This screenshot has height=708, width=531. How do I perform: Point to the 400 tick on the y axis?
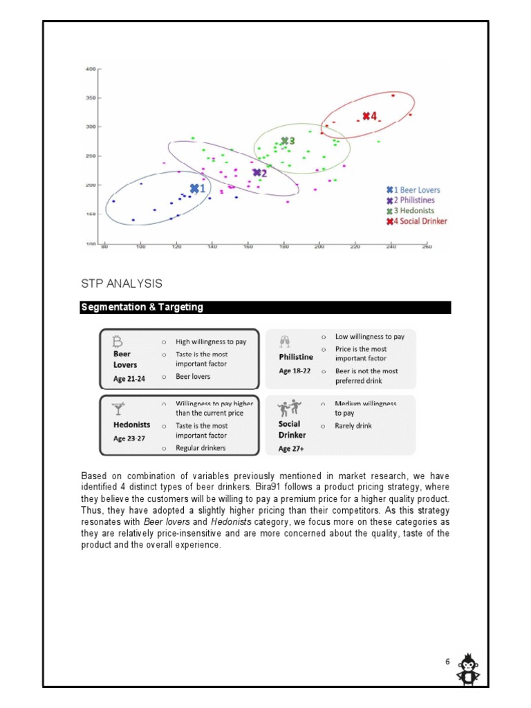pos(90,69)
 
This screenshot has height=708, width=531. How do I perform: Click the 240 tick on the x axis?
pos(391,247)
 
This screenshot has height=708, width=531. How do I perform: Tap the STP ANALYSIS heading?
pos(122,283)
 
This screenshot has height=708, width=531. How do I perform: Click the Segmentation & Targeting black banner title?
pos(142,307)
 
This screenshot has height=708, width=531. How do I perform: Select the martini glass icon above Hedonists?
pos(119,409)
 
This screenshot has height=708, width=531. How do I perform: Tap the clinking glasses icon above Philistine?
pos(285,342)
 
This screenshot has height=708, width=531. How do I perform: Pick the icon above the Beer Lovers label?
pos(118,341)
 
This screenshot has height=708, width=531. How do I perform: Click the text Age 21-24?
pos(129,379)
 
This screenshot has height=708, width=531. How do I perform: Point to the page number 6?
pos(447,662)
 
